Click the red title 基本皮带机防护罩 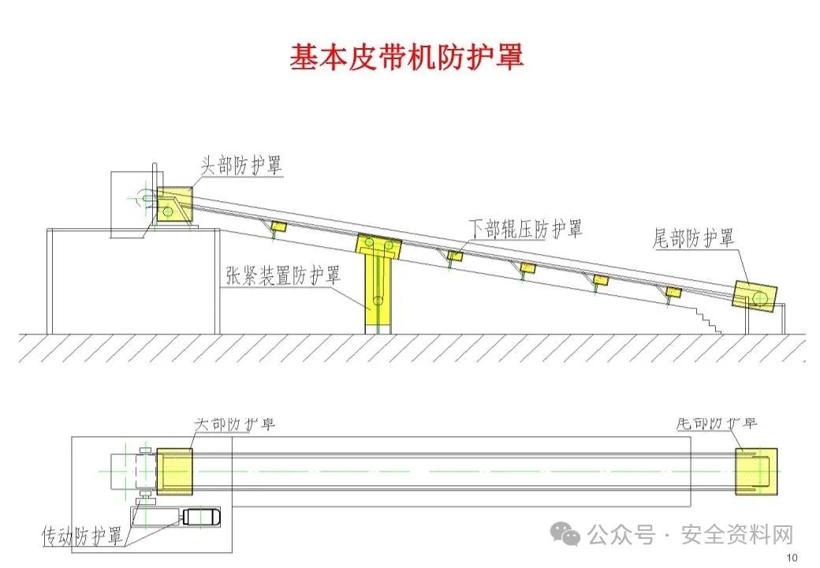click(x=407, y=57)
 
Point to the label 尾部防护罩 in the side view click(x=694, y=238)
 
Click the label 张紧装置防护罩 click(x=282, y=276)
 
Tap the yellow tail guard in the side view click(x=755, y=295)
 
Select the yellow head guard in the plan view click(x=174, y=471)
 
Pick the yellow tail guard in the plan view click(x=756, y=471)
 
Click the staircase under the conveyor click(x=706, y=318)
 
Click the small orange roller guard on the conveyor click(x=601, y=279)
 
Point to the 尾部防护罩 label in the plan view click(x=717, y=423)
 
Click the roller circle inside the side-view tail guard click(x=759, y=297)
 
